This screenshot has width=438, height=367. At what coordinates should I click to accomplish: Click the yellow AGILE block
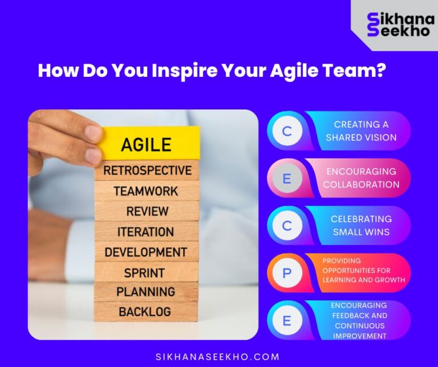pyautogui.click(x=149, y=144)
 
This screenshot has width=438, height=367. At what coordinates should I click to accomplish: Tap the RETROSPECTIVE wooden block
pyautogui.click(x=147, y=170)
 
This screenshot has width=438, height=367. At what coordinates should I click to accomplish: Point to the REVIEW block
pyautogui.click(x=147, y=211)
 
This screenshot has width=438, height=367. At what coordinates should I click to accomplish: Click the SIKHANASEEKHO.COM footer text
pyautogui.click(x=218, y=357)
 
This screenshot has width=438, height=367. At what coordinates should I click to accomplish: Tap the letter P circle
pyautogui.click(x=287, y=273)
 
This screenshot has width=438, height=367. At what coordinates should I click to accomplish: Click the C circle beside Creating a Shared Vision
pyautogui.click(x=287, y=131)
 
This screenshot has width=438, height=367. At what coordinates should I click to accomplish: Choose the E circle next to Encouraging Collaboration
pyautogui.click(x=287, y=178)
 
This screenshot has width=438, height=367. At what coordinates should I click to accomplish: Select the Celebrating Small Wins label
pyautogui.click(x=361, y=226)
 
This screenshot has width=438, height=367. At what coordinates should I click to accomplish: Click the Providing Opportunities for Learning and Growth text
pyautogui.click(x=363, y=271)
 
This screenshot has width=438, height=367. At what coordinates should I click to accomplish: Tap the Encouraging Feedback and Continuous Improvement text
pyautogui.click(x=359, y=320)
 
